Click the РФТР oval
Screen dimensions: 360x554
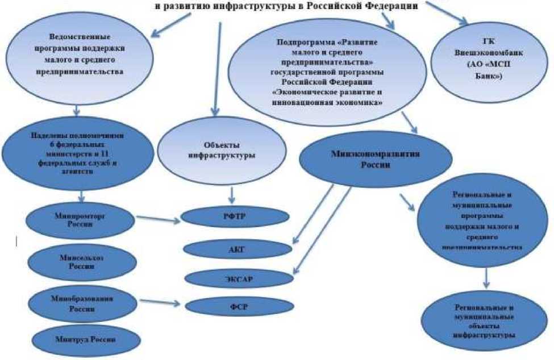click(x=223, y=217)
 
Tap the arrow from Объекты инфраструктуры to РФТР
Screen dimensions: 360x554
click(x=231, y=195)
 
